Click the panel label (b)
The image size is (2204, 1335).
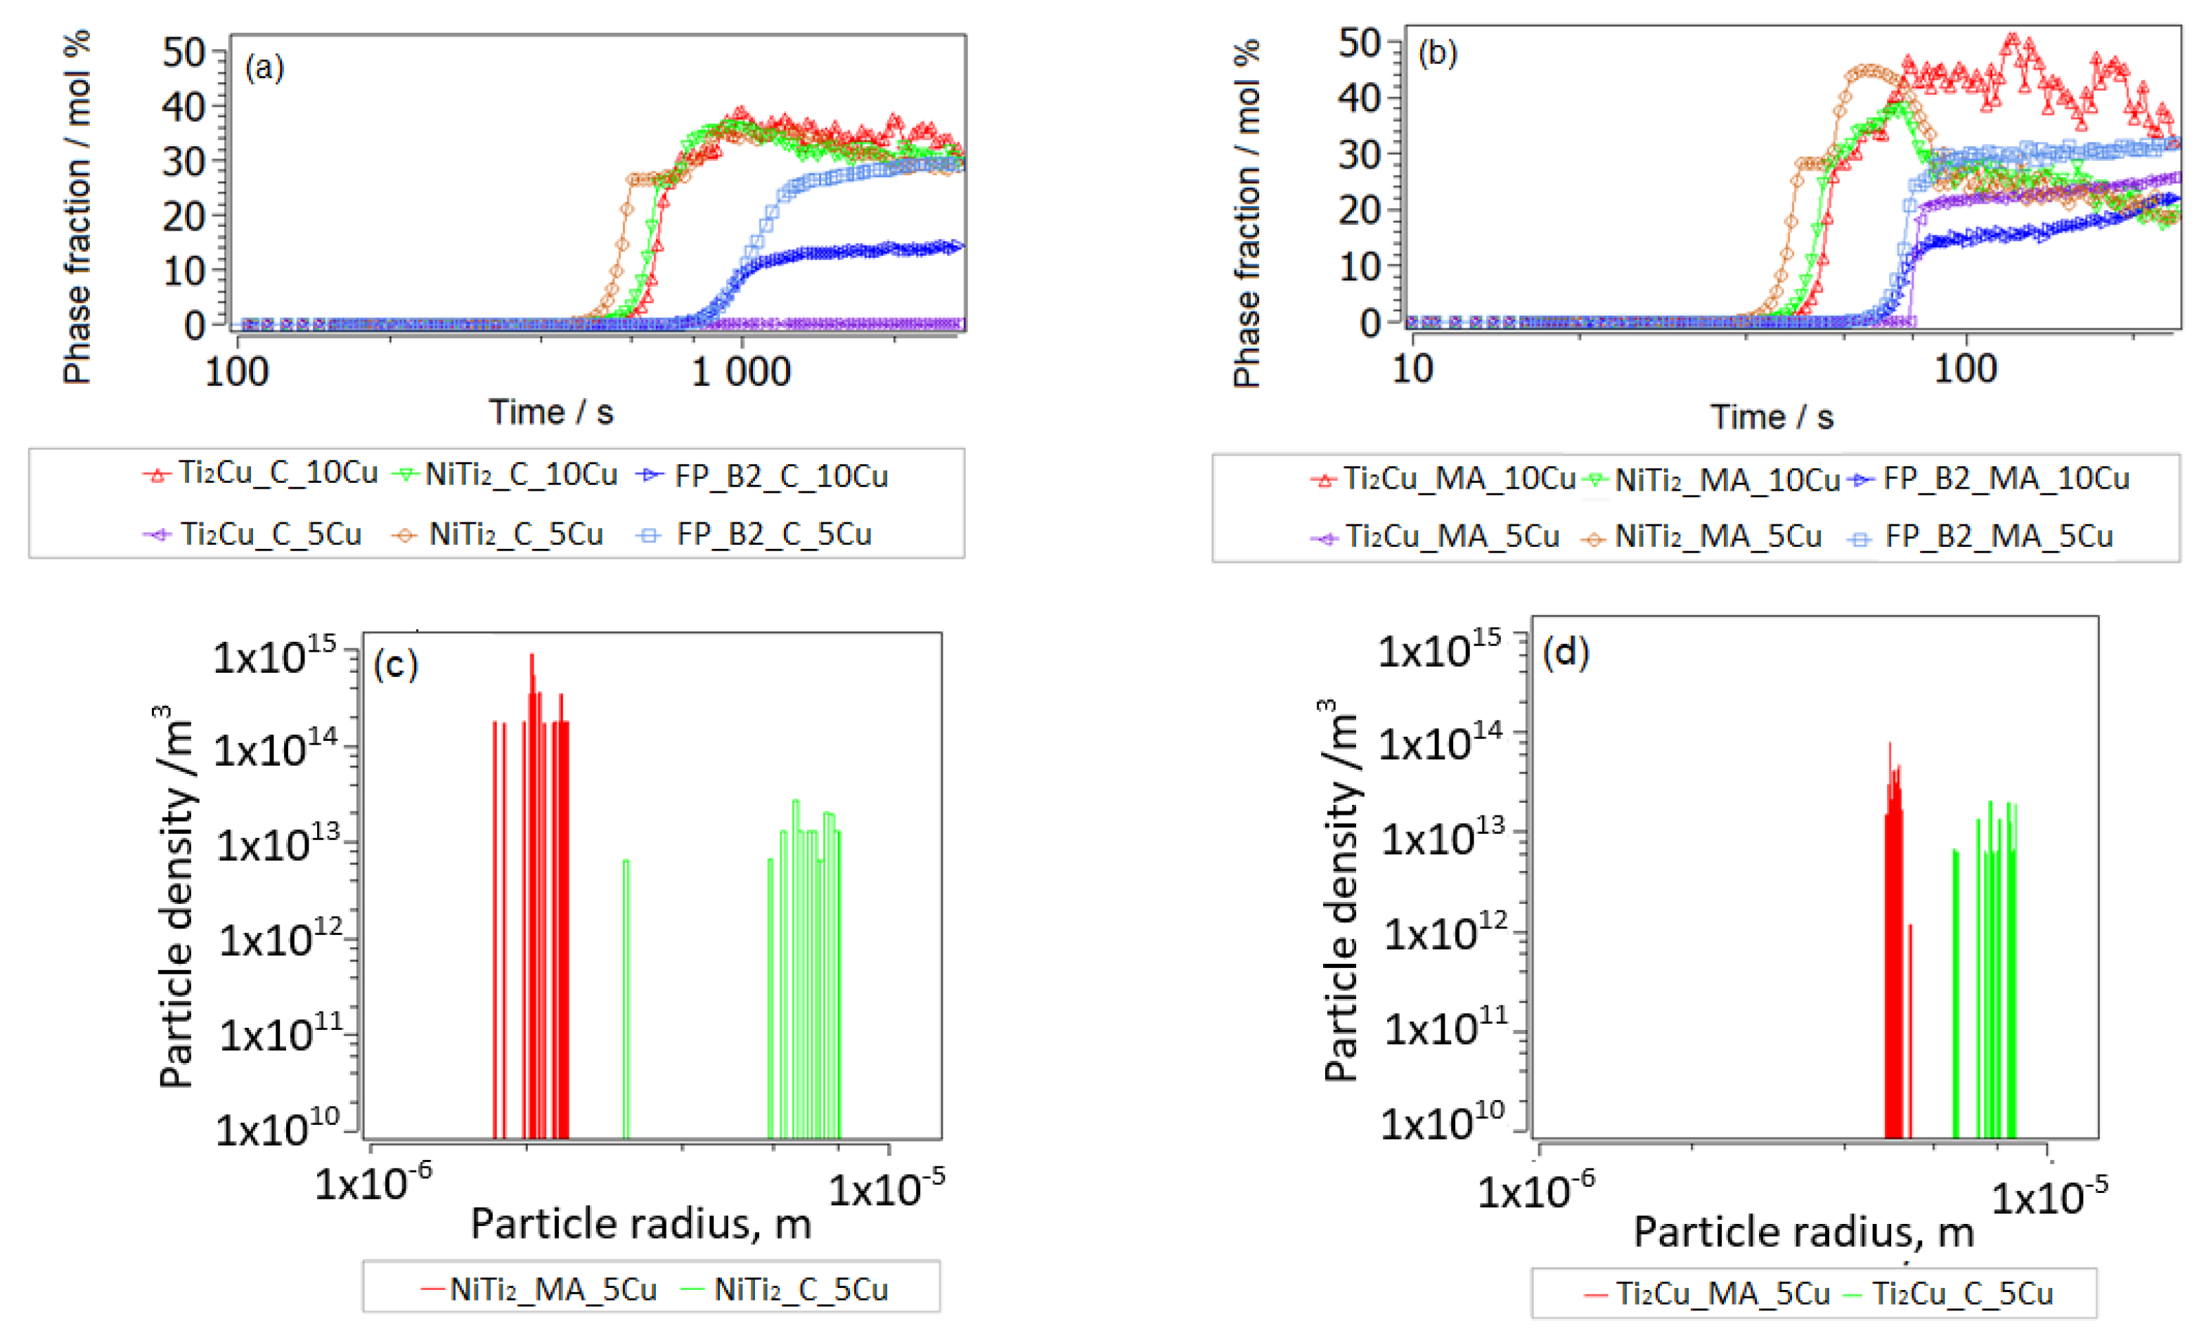pos(1438,53)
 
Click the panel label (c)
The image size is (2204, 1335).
pos(395,664)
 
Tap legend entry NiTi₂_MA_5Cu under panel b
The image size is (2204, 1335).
pos(1718,536)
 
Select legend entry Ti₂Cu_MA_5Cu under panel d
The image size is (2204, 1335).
pos(1722,1294)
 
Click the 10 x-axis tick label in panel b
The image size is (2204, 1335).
pos(1412,369)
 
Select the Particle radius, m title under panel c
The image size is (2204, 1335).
pos(640,1224)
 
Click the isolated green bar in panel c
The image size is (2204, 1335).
pos(626,997)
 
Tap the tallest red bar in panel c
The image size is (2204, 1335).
pos(531,894)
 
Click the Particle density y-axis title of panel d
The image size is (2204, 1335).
pos(1339,890)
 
